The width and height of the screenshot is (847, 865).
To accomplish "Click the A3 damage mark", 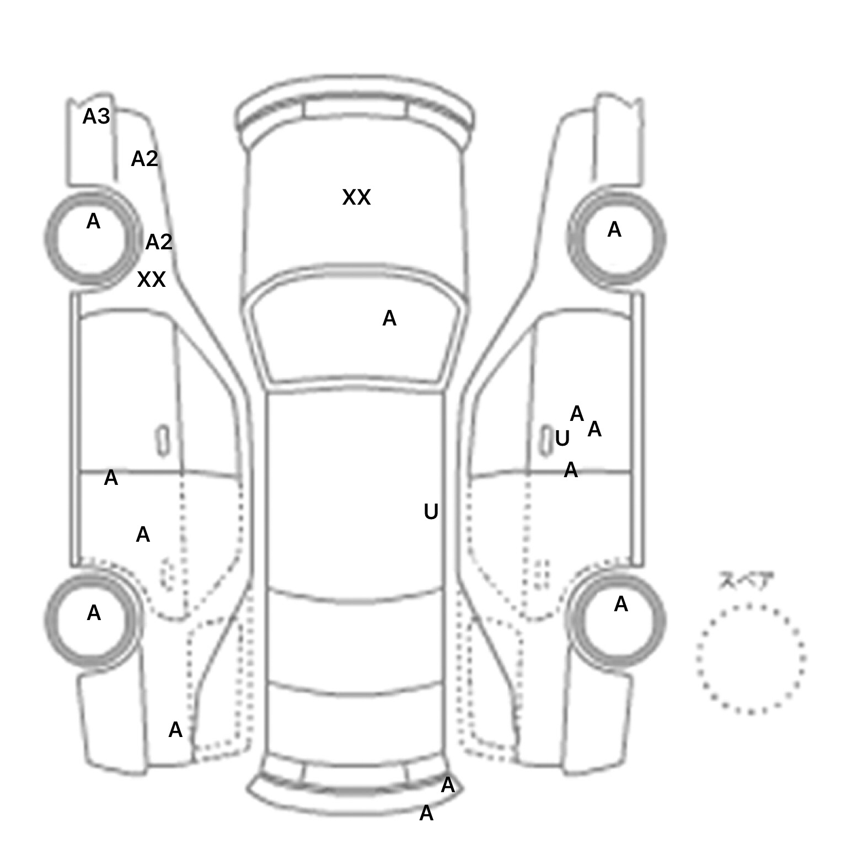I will click(x=96, y=116).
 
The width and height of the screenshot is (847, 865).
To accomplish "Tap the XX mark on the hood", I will click(x=356, y=197).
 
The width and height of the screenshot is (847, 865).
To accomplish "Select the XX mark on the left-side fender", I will click(x=151, y=280).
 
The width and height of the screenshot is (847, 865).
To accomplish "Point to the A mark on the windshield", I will click(x=389, y=318).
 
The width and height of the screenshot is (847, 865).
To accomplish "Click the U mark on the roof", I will click(x=431, y=512).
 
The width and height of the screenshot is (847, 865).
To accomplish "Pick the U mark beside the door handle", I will click(x=562, y=439).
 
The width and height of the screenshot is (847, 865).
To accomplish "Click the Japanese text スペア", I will click(x=746, y=581).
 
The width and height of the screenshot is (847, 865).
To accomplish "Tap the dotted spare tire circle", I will click(x=750, y=658).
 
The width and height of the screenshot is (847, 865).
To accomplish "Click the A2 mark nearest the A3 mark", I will click(x=144, y=159).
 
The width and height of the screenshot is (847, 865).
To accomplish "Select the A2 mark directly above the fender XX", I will click(x=159, y=242).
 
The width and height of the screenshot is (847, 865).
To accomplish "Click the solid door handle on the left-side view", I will click(x=163, y=441).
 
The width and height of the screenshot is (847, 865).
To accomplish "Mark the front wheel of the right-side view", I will click(x=617, y=238).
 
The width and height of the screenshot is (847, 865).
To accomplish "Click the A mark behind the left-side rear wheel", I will click(x=175, y=730).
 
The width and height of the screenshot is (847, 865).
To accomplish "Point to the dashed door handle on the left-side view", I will click(x=167, y=575).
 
